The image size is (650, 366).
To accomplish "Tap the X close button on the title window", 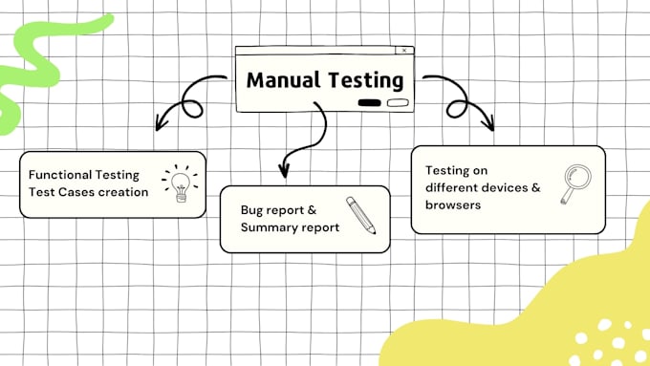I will coord(405,51).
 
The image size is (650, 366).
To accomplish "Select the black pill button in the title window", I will coord(370,103).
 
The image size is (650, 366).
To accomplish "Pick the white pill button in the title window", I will coord(398,103).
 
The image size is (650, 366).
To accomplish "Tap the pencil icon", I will coord(360,215).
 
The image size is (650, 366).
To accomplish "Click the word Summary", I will coord(270,226).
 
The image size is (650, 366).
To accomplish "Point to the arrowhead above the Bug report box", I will coord(283,173).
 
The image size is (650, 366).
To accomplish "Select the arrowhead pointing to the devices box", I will coord(489,124).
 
